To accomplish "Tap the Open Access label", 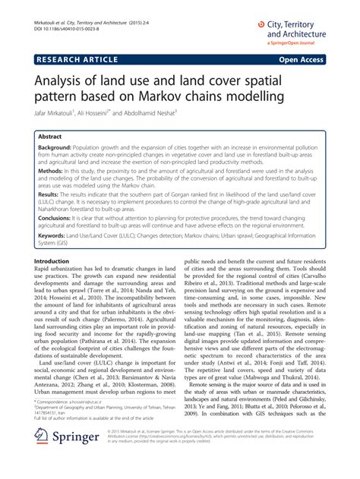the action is pyautogui.click(x=308, y=58).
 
